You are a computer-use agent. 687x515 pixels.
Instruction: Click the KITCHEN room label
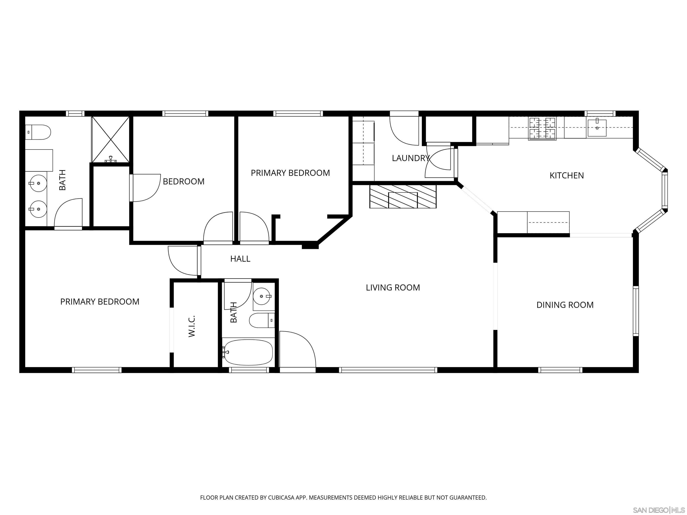coord(566,176)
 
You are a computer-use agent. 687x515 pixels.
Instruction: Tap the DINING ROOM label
coord(565,305)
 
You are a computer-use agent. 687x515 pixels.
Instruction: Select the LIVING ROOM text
coord(393,287)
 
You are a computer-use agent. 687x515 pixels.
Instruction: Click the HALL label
coord(240,259)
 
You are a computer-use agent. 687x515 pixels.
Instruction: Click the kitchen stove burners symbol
coord(542,128)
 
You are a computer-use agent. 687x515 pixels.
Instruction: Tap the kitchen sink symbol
coord(597,128)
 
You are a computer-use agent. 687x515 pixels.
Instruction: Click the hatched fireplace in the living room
coord(403,196)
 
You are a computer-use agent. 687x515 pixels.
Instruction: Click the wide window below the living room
coord(388,370)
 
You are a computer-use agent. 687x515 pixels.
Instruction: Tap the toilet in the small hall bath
coord(261,320)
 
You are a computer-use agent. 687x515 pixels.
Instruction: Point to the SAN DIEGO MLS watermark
coord(658,510)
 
